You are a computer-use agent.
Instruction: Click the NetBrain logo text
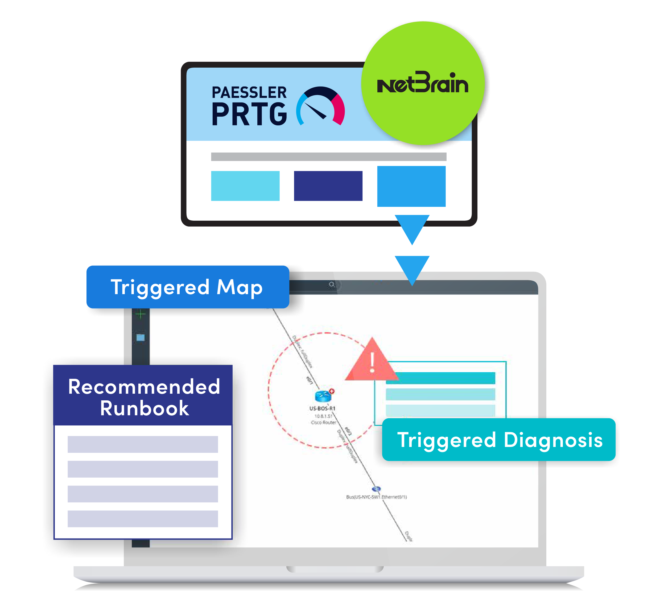point(422,83)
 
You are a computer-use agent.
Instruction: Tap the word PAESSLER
point(249,93)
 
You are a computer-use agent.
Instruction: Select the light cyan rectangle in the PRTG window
point(245,186)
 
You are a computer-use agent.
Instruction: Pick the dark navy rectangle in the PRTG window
point(328,186)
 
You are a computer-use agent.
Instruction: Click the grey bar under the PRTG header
point(328,157)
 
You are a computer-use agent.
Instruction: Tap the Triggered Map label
point(187,287)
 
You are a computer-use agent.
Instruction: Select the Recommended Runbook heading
point(144,397)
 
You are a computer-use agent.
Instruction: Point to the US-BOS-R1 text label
point(322,408)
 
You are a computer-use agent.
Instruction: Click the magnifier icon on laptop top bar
point(331,284)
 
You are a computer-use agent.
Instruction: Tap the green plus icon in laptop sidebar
point(141,314)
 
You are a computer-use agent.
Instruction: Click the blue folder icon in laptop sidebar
point(141,338)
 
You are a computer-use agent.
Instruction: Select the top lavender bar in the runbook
point(143,444)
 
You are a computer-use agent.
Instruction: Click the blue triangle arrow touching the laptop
point(412,268)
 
